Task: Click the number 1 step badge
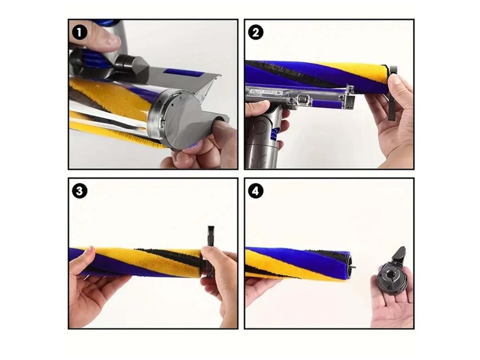(x=79, y=33)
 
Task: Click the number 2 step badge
(x=255, y=33)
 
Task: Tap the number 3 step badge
(x=79, y=191)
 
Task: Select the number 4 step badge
(x=255, y=191)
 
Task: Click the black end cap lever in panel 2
(x=393, y=92)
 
